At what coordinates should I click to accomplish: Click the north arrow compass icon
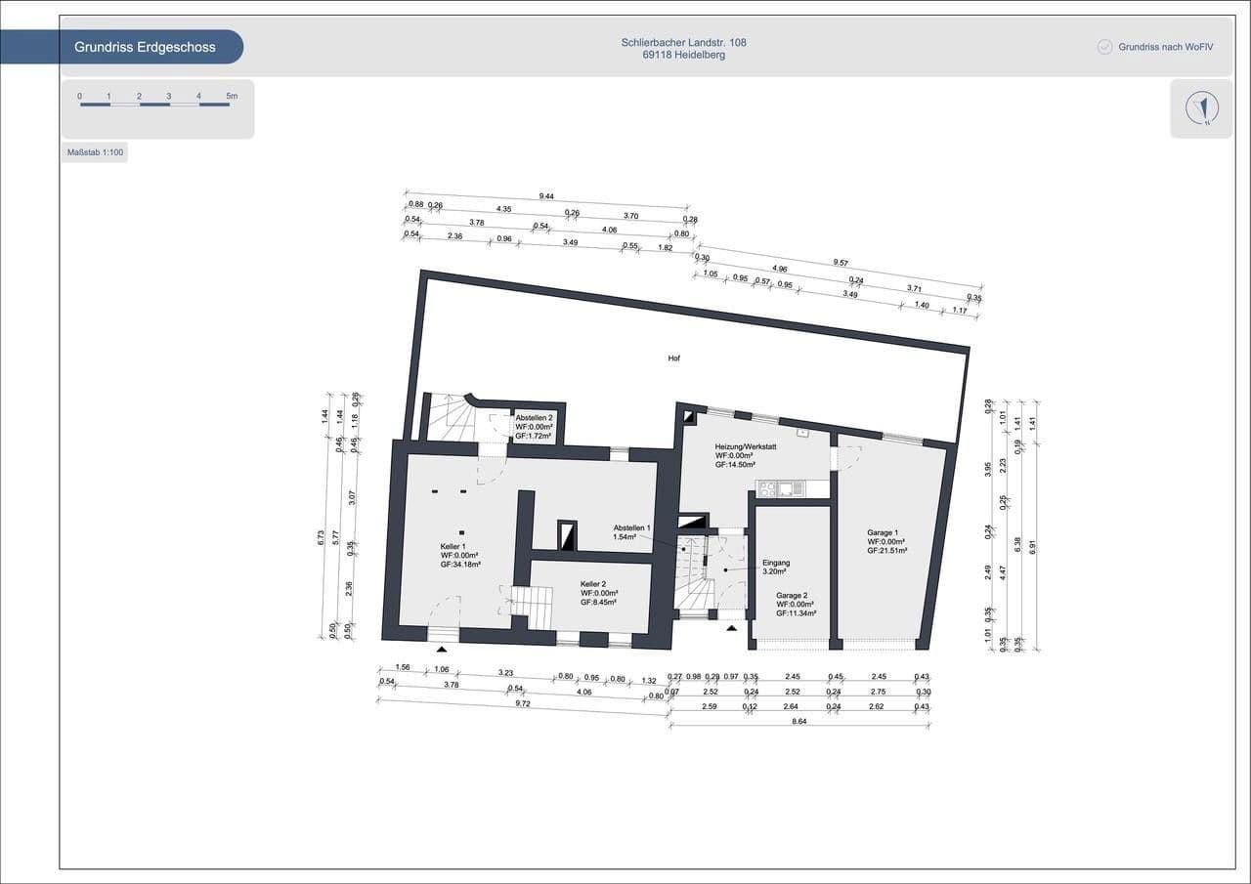1201,107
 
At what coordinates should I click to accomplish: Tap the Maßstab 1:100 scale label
95,153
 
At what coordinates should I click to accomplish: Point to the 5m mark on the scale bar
232,96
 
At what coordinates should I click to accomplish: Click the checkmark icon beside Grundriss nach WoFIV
1105,47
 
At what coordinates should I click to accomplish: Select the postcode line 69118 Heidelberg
683,56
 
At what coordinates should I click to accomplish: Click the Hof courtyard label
674,358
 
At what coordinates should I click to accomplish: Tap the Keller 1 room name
453,546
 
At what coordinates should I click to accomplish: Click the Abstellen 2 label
535,417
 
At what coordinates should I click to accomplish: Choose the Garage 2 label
792,595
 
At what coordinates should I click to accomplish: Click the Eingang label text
775,564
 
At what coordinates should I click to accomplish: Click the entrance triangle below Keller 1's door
442,648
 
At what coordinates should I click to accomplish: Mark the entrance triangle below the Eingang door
731,628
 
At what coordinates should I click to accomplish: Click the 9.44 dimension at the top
545,196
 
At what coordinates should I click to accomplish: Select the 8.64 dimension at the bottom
799,720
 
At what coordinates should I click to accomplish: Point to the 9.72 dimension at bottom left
522,703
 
